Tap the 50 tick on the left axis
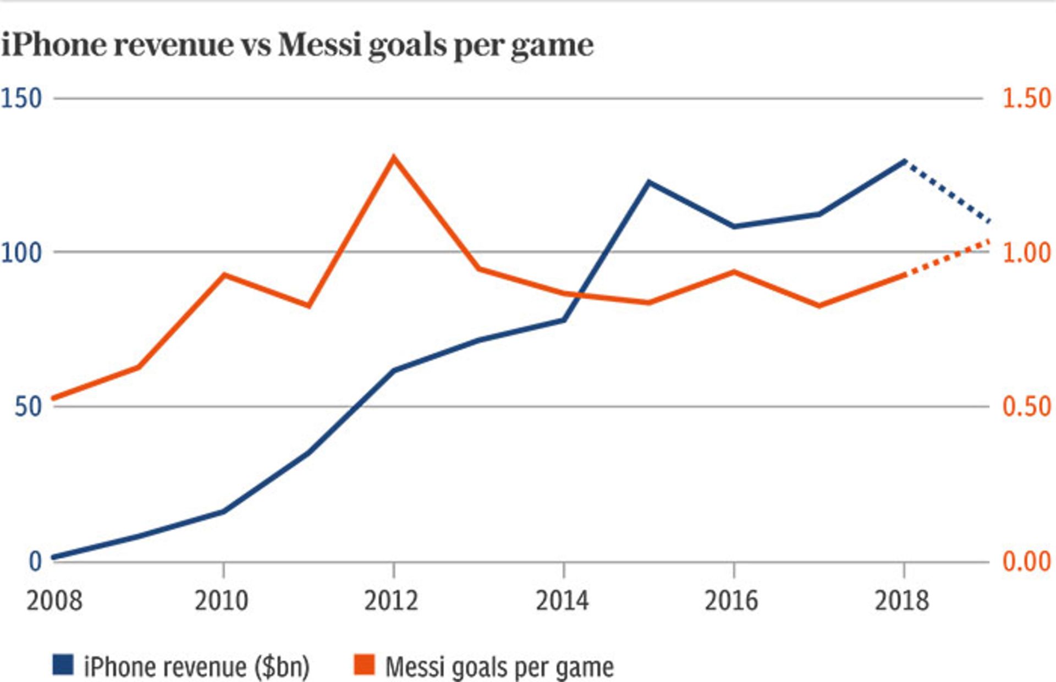(28, 408)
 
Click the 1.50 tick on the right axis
(1027, 99)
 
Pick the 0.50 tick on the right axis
(1027, 407)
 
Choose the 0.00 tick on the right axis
(1027, 562)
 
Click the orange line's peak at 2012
(393, 158)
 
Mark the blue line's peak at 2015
(649, 182)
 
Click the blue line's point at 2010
(223, 511)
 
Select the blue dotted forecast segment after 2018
(947, 191)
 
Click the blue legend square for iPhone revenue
(63, 665)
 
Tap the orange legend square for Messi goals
(364, 665)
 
